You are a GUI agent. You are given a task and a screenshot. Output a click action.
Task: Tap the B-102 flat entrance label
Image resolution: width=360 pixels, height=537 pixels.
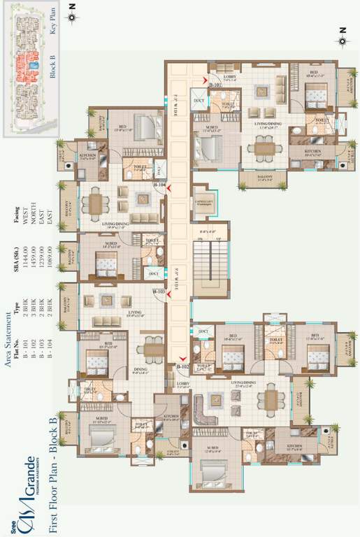(183, 366)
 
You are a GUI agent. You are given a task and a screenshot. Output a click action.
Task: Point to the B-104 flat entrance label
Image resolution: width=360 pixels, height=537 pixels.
(160, 185)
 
